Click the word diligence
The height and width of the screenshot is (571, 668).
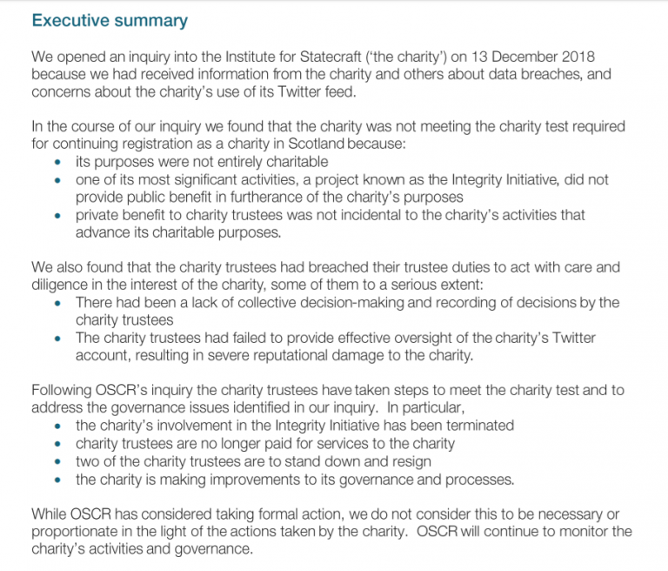pos(64,285)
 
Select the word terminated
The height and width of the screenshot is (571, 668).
pos(478,426)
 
